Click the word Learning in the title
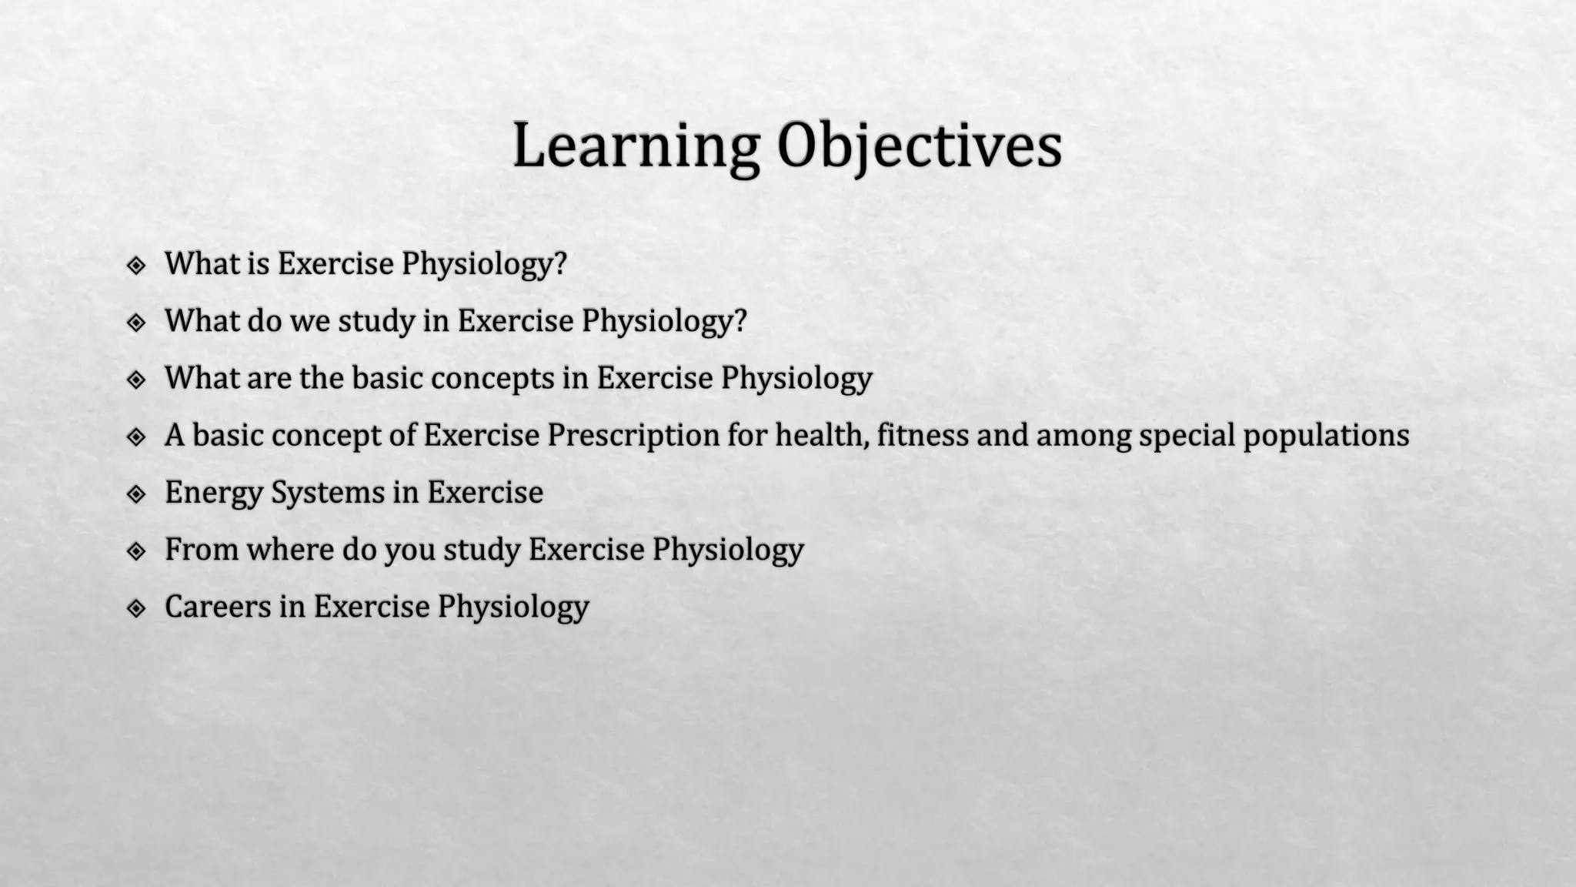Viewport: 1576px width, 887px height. pyautogui.click(x=636, y=146)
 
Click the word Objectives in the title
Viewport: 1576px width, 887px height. pyautogui.click(x=919, y=146)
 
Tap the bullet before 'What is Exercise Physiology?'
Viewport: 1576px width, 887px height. pyautogui.click(x=136, y=266)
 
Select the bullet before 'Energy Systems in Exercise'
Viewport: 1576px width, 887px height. pyautogui.click(x=136, y=494)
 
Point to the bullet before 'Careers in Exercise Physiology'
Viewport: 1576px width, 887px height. pyautogui.click(x=136, y=608)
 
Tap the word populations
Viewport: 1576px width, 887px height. pyautogui.click(x=1326, y=436)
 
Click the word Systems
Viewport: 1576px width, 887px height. pyautogui.click(x=328, y=493)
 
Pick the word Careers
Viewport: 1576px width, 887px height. pyautogui.click(x=218, y=607)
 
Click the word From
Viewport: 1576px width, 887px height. pyautogui.click(x=202, y=550)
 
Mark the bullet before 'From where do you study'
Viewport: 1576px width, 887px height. pyautogui.click(x=136, y=551)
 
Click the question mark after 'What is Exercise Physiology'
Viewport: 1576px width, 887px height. pyautogui.click(x=560, y=263)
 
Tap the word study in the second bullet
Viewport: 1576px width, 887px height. pyautogui.click(x=376, y=322)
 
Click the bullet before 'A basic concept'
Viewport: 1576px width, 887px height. pyautogui.click(x=136, y=437)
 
